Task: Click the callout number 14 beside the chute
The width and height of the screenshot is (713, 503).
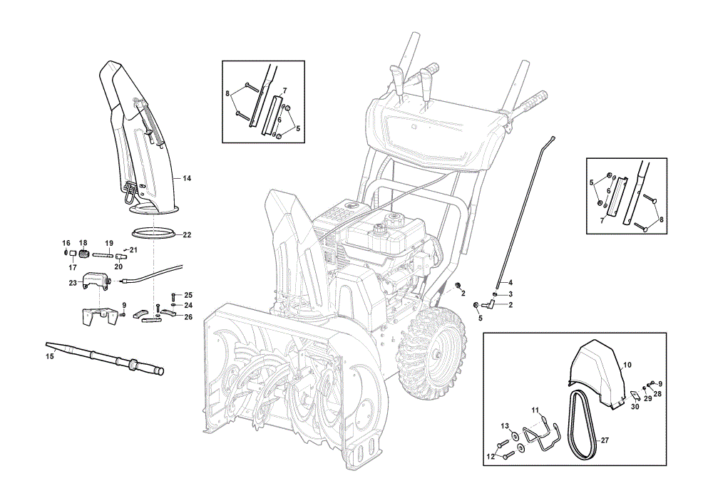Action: [x=187, y=179]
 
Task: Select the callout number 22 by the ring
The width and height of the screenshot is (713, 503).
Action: [x=187, y=235]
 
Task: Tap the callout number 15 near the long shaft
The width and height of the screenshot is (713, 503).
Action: [x=50, y=357]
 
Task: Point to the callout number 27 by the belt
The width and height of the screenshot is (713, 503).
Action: [x=605, y=440]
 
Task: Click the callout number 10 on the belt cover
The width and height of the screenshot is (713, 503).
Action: [x=627, y=365]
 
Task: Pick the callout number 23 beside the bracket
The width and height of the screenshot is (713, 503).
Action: [x=73, y=283]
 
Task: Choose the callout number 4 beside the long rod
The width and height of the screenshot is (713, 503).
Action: [x=511, y=283]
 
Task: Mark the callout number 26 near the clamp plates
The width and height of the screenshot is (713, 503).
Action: [x=188, y=317]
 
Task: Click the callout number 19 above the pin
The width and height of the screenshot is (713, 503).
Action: [x=109, y=244]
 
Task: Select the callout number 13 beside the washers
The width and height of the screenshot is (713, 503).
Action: [x=506, y=426]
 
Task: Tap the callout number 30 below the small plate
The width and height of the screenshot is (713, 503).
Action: [x=635, y=407]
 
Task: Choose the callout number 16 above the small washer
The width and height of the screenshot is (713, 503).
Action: [x=66, y=244]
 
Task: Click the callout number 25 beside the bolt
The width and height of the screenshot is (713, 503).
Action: [x=188, y=296]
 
